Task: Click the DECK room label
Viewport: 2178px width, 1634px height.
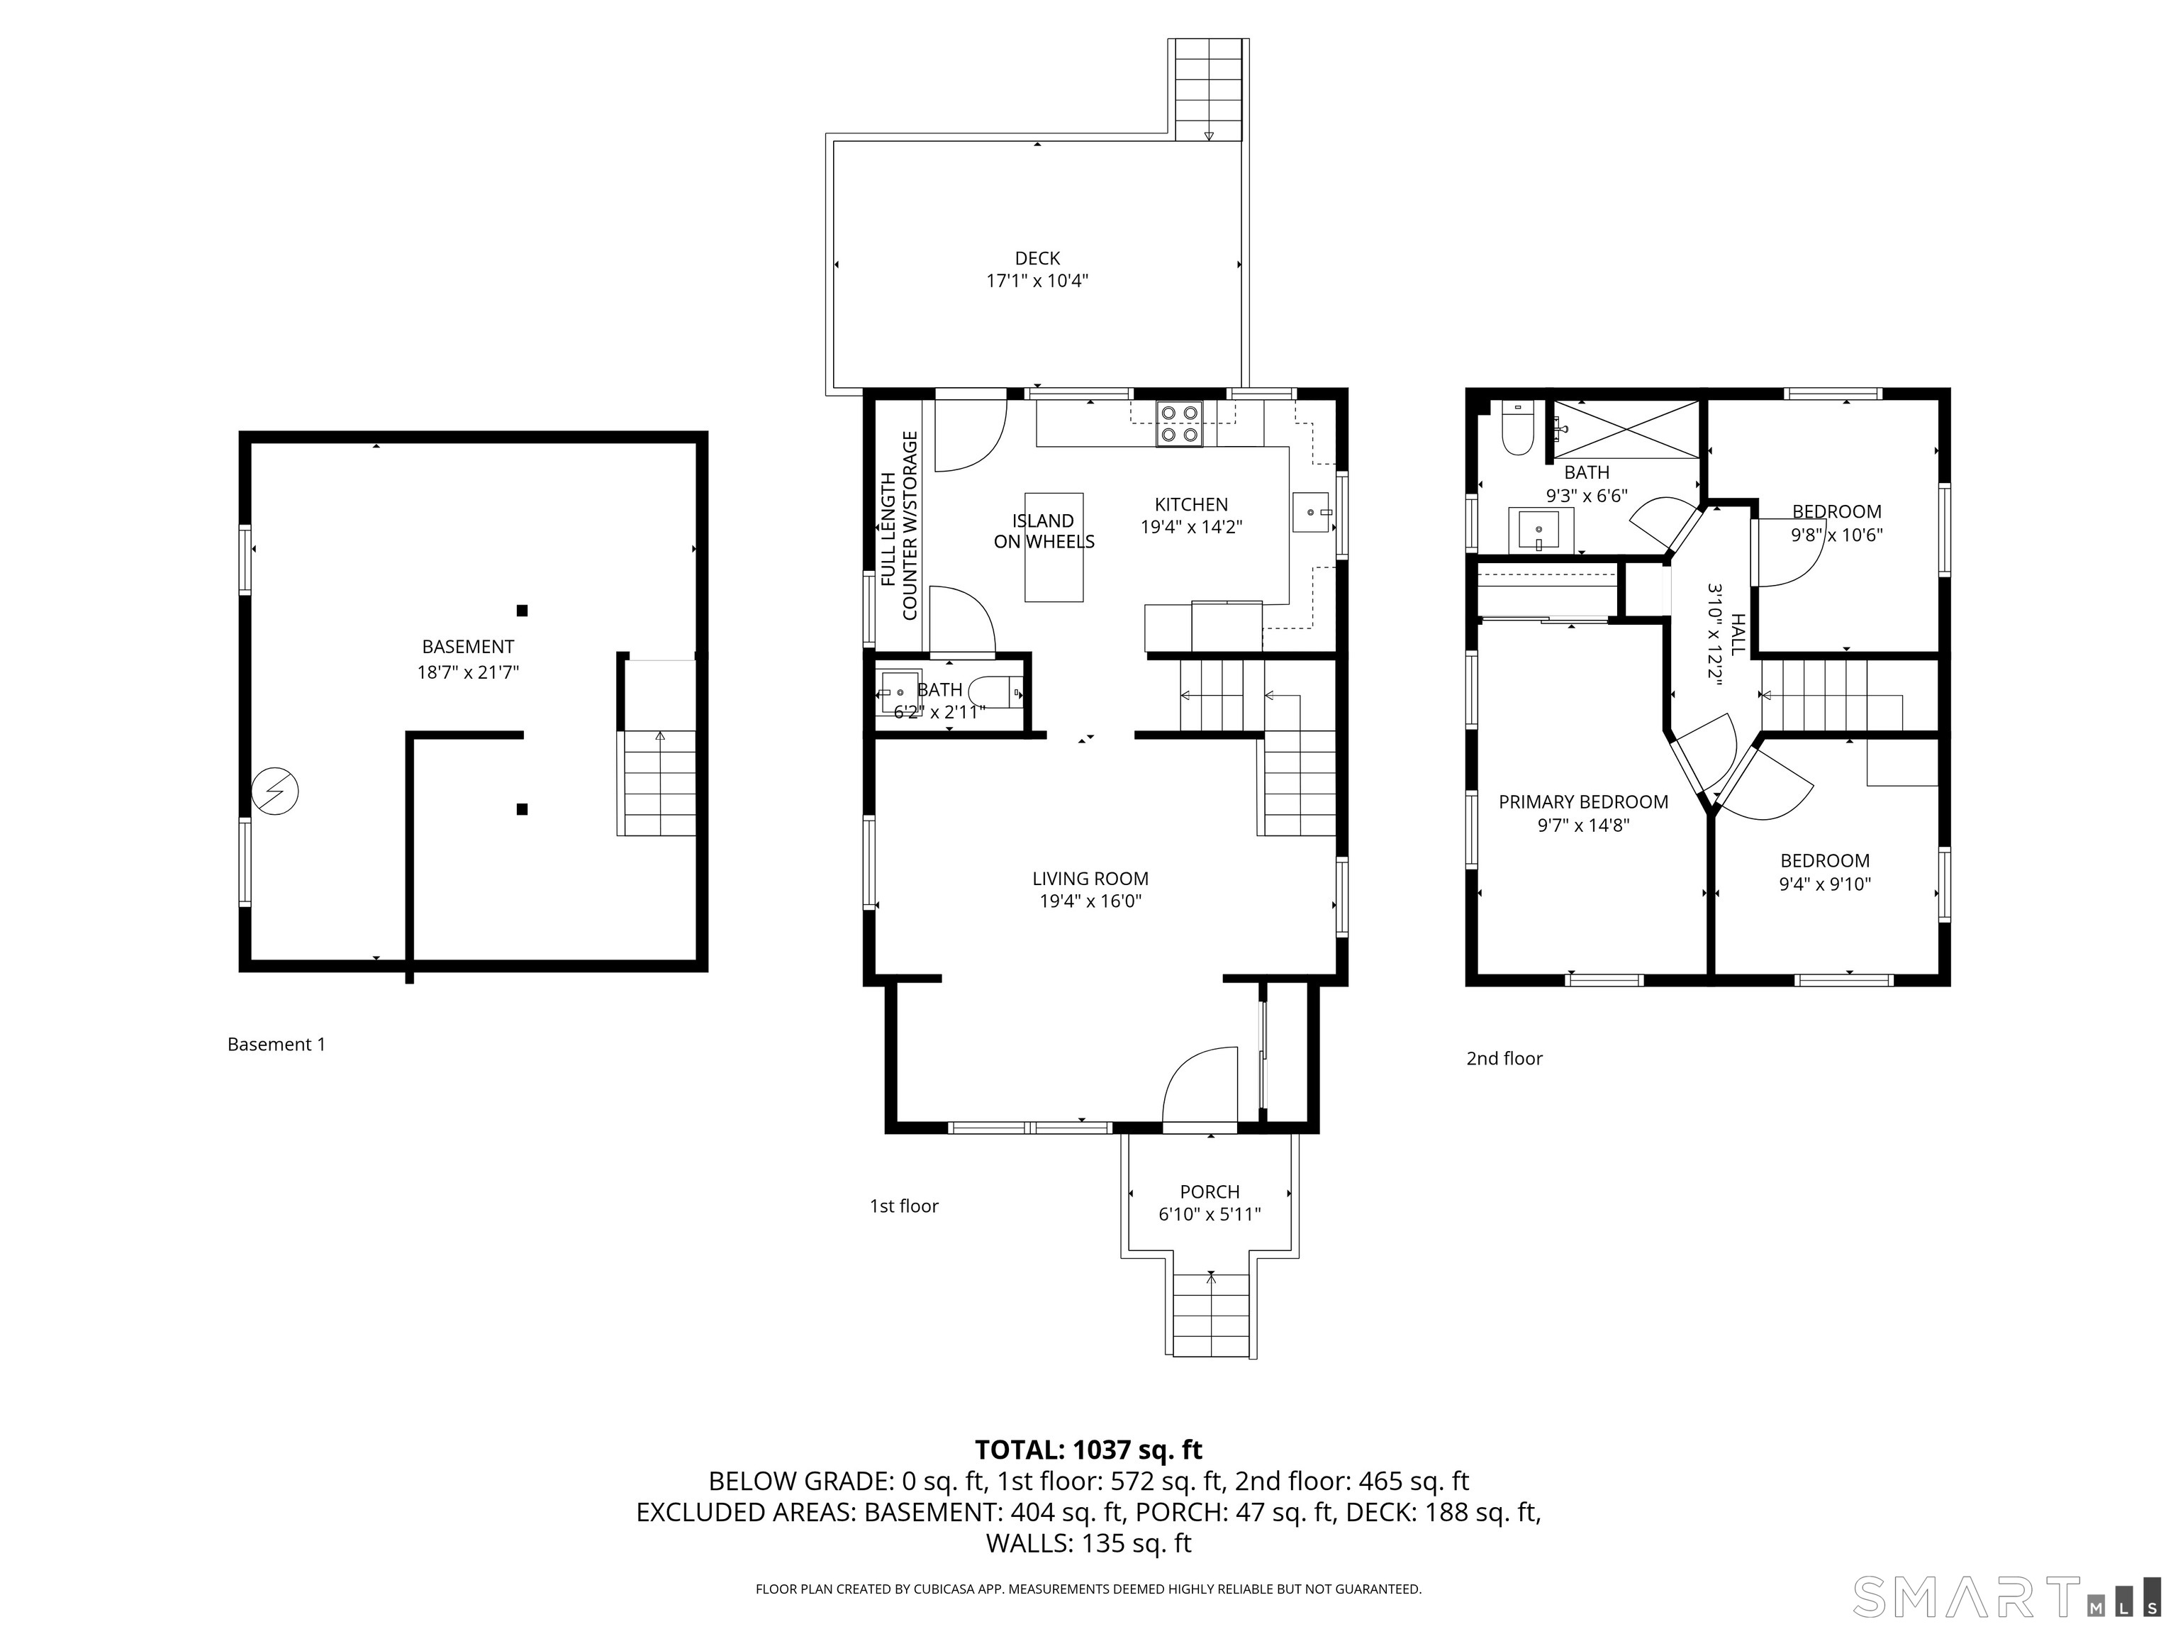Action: coord(1037,258)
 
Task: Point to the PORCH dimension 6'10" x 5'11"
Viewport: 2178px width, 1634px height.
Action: coord(1209,1214)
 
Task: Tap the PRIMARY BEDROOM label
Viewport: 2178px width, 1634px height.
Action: coord(1582,801)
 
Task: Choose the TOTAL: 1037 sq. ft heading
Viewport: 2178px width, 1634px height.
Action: coord(1088,1450)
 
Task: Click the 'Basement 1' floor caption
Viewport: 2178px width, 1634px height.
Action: coord(276,1044)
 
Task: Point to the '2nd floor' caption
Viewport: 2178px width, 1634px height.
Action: coord(1504,1058)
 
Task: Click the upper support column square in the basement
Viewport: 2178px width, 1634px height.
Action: coord(522,611)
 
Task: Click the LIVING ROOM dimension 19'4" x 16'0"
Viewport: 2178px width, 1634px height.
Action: coord(1090,901)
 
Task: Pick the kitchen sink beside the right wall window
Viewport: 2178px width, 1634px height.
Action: coord(1310,512)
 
